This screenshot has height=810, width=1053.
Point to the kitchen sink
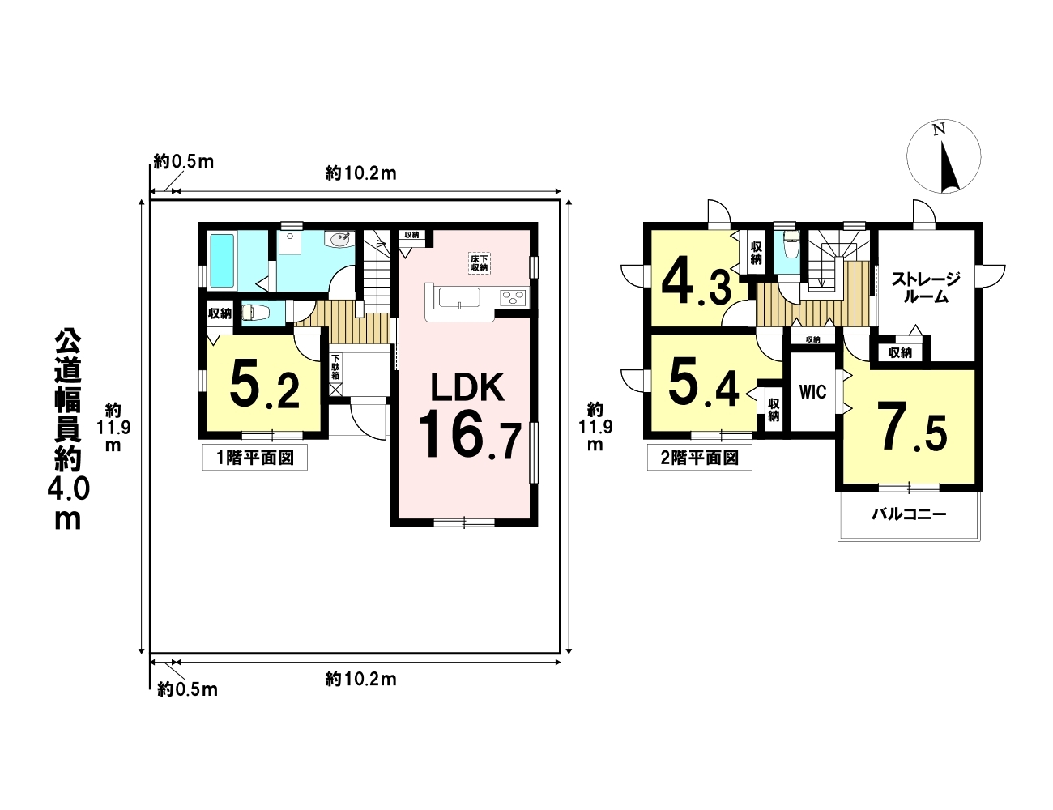(459, 297)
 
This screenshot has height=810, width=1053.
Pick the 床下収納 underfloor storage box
(479, 263)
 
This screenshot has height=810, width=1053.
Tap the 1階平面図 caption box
(254, 458)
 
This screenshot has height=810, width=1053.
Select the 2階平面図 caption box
(699, 458)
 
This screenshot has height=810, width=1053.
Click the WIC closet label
(812, 392)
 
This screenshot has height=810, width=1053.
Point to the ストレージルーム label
(926, 288)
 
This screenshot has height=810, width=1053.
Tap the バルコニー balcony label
(909, 514)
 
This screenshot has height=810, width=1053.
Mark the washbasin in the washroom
(340, 239)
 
